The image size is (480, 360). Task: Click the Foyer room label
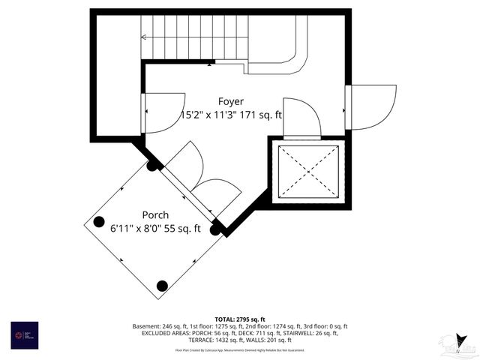coord(231,101)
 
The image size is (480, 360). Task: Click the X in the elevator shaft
coord(308,171)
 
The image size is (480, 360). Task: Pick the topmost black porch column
coord(152,166)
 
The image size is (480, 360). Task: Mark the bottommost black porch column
coord(162,285)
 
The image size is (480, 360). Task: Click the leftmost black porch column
coord(99,221)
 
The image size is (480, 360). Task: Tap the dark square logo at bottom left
coord(24,334)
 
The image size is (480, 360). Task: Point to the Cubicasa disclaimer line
coord(240,349)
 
